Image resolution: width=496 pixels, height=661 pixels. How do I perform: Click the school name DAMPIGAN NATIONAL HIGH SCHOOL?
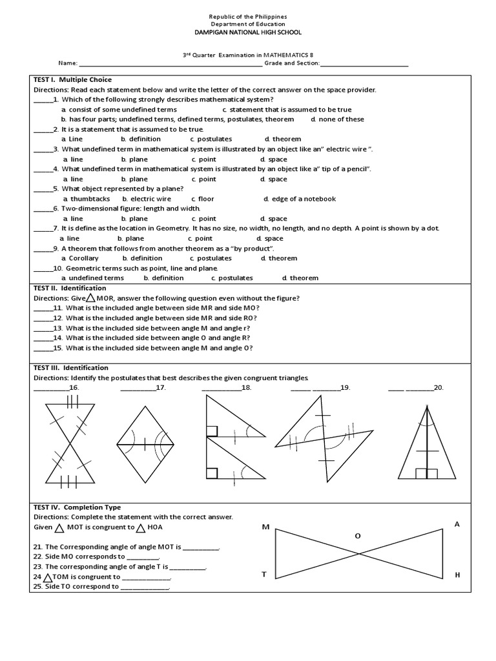[x=248, y=32]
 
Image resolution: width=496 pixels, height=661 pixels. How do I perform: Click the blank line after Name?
[x=170, y=64]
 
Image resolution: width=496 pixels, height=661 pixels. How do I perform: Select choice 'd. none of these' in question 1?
[x=337, y=119]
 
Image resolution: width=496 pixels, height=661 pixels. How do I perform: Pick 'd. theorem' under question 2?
[x=283, y=139]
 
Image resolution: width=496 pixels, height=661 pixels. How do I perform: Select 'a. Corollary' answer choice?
[x=80, y=259]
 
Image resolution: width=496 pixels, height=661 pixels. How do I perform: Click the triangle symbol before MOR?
[x=91, y=298]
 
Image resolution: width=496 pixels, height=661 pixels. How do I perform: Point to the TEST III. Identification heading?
[x=71, y=368]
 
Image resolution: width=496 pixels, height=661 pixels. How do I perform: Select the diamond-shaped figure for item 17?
[x=145, y=444]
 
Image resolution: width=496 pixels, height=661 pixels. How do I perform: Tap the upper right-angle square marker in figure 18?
[x=212, y=431]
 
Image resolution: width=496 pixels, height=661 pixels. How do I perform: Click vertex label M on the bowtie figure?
[x=265, y=528]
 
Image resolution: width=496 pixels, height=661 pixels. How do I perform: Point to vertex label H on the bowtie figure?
[x=457, y=574]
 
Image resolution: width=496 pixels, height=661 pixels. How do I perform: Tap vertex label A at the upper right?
[x=457, y=524]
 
